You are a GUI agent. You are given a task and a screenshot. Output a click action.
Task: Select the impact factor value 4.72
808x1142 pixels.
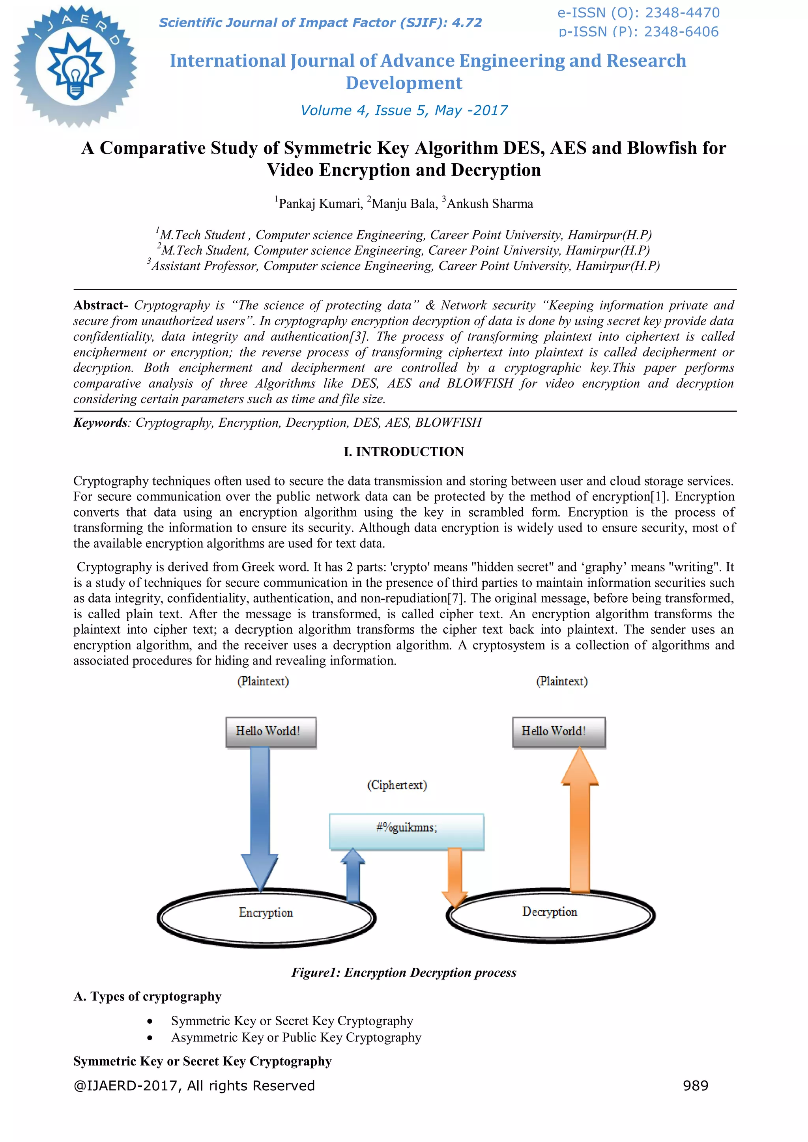click(x=467, y=23)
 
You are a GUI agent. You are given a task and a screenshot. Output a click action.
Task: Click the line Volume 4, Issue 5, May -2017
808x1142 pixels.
click(x=404, y=110)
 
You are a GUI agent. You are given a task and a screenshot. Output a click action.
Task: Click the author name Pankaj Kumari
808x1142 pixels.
click(x=320, y=204)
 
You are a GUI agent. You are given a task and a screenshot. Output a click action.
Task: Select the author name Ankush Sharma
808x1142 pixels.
click(x=489, y=204)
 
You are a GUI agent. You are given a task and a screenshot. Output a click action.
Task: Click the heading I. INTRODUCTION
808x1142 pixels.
click(x=404, y=452)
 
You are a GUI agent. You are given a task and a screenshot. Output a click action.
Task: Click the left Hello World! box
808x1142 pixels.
click(x=271, y=731)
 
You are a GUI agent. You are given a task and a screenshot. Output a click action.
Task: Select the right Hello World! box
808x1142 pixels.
click(x=558, y=731)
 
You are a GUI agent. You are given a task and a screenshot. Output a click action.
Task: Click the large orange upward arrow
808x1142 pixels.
click(x=580, y=821)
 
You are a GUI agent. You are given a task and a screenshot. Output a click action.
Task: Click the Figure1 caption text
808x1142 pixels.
click(x=404, y=972)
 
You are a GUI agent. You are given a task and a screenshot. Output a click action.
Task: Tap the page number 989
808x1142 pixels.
click(x=696, y=1085)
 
